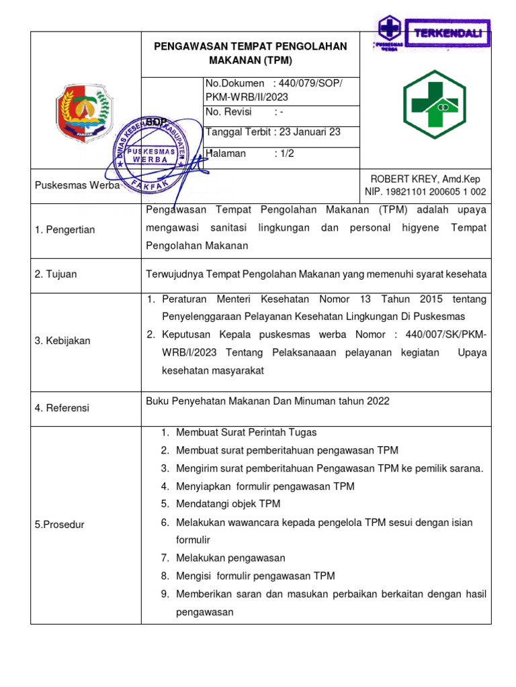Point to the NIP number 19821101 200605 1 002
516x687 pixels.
[x=426, y=192]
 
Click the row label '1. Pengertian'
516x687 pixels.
[x=64, y=229]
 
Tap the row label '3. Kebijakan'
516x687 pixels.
[x=62, y=341]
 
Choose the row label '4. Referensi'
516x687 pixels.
[x=62, y=408]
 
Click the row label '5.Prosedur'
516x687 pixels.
[x=59, y=525]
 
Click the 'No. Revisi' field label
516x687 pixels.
[x=228, y=112]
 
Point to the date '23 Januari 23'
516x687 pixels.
[x=312, y=132]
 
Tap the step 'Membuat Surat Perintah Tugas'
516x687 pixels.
[x=246, y=433]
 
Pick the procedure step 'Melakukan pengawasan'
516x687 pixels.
[x=230, y=558]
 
